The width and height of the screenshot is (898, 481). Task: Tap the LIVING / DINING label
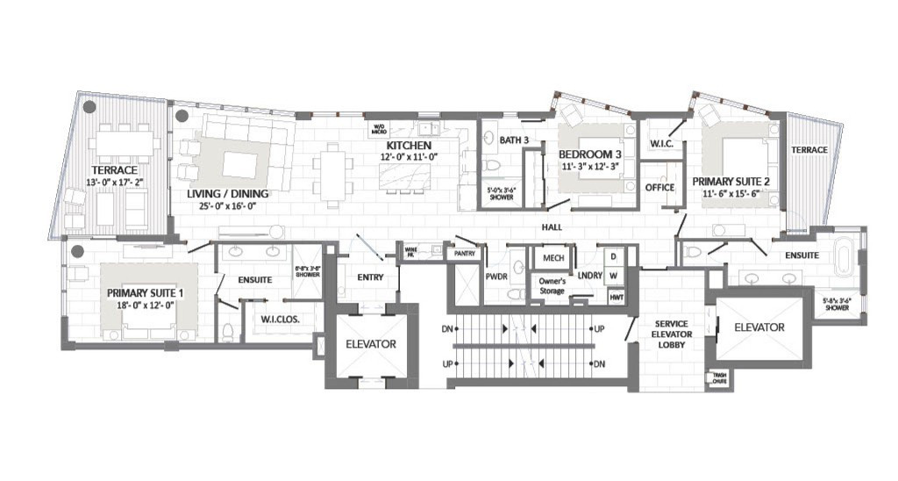coord(227,193)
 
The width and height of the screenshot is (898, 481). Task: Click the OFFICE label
coord(659,187)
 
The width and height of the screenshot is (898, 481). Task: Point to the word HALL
coord(552,226)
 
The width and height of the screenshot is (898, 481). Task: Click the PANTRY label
coord(461,254)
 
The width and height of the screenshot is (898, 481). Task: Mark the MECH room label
coord(553,258)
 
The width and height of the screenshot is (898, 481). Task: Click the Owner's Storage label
coord(552,285)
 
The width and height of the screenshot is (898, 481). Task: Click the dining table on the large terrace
coord(125,142)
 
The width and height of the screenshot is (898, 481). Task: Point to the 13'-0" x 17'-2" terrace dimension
coord(116,182)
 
